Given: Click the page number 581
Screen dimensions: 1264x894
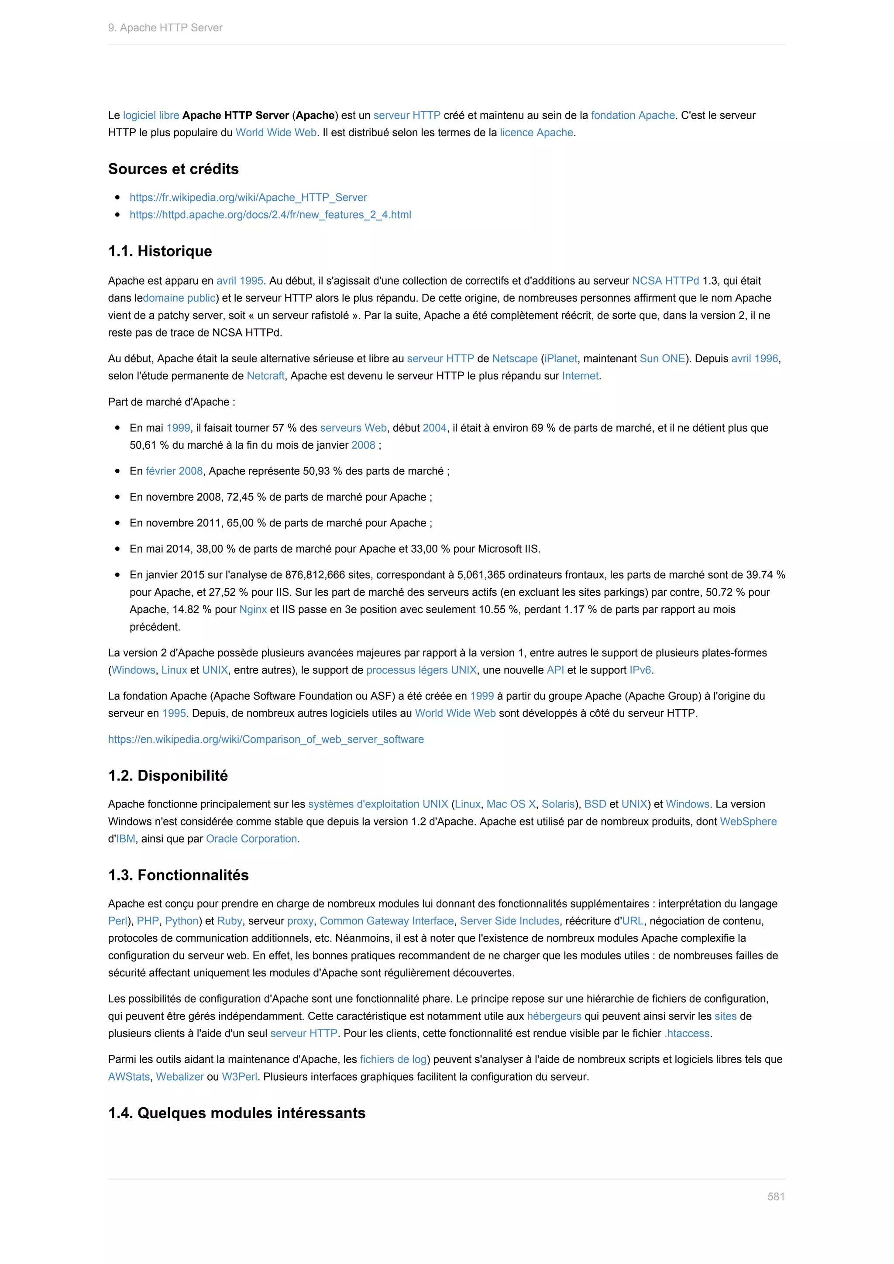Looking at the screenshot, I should point(776,1196).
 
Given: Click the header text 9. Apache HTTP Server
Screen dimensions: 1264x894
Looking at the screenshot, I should point(165,27).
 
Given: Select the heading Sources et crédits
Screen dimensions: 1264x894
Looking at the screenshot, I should point(173,169).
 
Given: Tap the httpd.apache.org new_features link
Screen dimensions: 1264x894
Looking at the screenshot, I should point(270,215).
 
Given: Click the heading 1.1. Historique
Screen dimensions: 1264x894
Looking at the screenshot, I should point(160,251).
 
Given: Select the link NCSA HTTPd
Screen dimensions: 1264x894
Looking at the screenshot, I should point(665,281).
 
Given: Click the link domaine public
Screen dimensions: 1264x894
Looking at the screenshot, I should point(179,298).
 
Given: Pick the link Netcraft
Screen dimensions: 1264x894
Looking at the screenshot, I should point(265,375).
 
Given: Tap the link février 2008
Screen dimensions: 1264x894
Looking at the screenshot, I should point(174,471).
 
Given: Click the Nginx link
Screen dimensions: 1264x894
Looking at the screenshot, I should point(253,609).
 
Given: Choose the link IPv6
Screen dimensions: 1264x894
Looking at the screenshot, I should point(640,670).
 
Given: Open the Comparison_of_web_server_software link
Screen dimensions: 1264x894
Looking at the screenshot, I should point(266,739).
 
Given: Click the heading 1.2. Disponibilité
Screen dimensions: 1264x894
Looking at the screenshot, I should point(168,775).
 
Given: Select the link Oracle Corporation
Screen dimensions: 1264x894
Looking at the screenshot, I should point(251,838).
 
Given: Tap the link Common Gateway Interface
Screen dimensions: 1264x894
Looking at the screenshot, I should point(386,921).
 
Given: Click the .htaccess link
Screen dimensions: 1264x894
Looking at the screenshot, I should point(687,1034).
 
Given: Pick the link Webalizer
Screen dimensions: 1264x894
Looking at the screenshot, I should point(179,1076).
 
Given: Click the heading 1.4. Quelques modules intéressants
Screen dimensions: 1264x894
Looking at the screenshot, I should point(237,1113).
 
